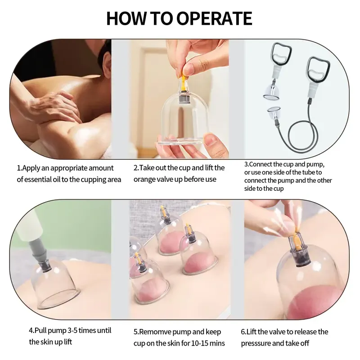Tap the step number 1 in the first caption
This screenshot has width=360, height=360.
click(19, 168)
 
